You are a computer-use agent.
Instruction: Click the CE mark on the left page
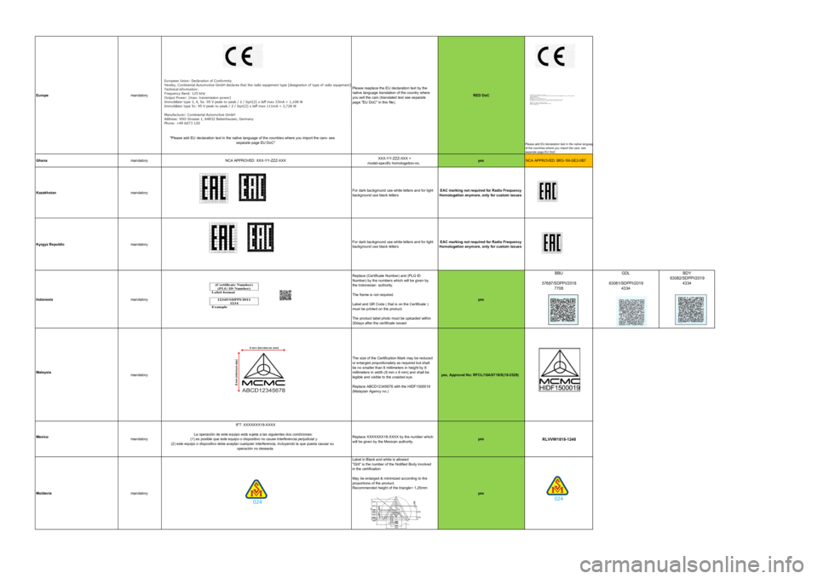243,55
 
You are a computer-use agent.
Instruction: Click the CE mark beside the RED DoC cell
556,55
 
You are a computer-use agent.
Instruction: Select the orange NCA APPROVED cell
558,159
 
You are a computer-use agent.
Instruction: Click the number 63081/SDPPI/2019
626,283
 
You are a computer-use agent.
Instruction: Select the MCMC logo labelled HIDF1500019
560,369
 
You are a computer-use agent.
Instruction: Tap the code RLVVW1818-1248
559,439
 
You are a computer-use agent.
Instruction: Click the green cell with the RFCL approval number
481,375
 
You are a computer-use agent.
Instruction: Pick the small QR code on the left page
285,295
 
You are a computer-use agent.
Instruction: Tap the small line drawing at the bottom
395,511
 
